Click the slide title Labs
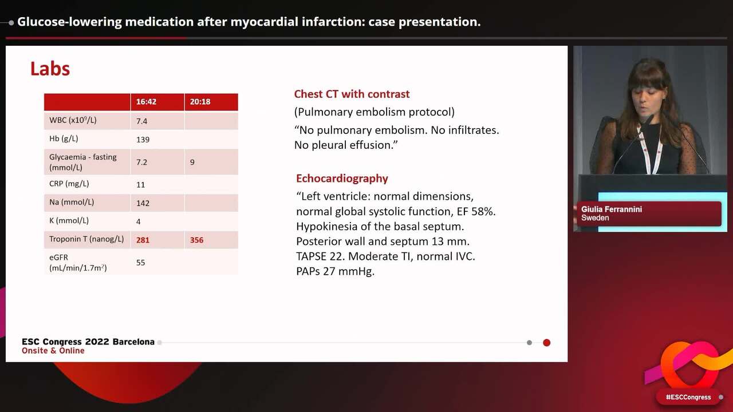[50, 69]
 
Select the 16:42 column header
[146, 102]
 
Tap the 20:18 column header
[200, 102]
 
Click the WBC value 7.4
[142, 121]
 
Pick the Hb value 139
[143, 140]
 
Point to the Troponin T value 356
[196, 240]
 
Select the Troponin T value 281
[143, 240]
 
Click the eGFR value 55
[140, 263]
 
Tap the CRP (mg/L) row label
[69, 184]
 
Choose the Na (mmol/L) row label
[72, 202]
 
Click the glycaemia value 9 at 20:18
[192, 162]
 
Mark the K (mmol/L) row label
[69, 220]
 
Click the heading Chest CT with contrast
[352, 94]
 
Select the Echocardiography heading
[342, 178]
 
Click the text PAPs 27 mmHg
[335, 271]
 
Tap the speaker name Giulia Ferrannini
[611, 209]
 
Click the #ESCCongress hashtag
[688, 397]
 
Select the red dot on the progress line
[546, 343]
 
